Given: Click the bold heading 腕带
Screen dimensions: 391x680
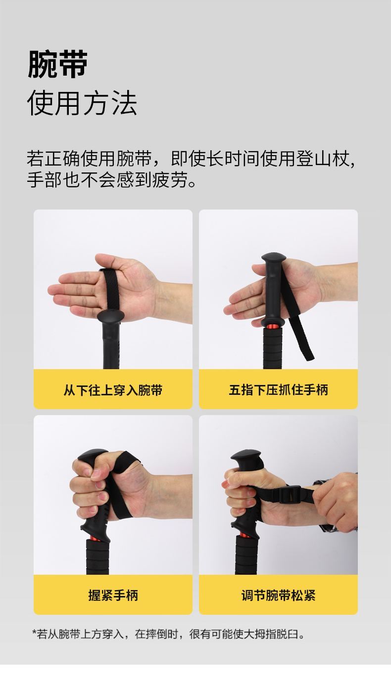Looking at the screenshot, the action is pyautogui.click(x=58, y=64).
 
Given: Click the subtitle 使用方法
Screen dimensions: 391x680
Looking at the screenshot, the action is pyautogui.click(x=82, y=103).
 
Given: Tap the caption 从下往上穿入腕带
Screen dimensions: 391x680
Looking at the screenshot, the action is pyautogui.click(x=113, y=390).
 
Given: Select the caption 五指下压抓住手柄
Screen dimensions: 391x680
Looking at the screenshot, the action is pyautogui.click(x=278, y=390).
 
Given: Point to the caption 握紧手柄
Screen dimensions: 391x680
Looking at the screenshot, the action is pyautogui.click(x=113, y=595).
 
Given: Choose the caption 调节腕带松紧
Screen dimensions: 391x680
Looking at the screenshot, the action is pyautogui.click(x=278, y=595).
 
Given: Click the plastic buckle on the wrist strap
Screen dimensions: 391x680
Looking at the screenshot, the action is pyautogui.click(x=290, y=494).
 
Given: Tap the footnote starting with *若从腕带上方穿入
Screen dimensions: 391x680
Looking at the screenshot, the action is pyautogui.click(x=168, y=634).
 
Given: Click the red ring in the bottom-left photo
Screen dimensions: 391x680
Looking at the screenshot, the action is pyautogui.click(x=98, y=538).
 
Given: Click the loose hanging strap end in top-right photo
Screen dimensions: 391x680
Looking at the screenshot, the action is pyautogui.click(x=301, y=339).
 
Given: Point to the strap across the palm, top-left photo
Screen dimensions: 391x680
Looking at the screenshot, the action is pyautogui.click(x=111, y=290).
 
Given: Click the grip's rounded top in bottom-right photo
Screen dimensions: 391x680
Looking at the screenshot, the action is pyautogui.click(x=246, y=455).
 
